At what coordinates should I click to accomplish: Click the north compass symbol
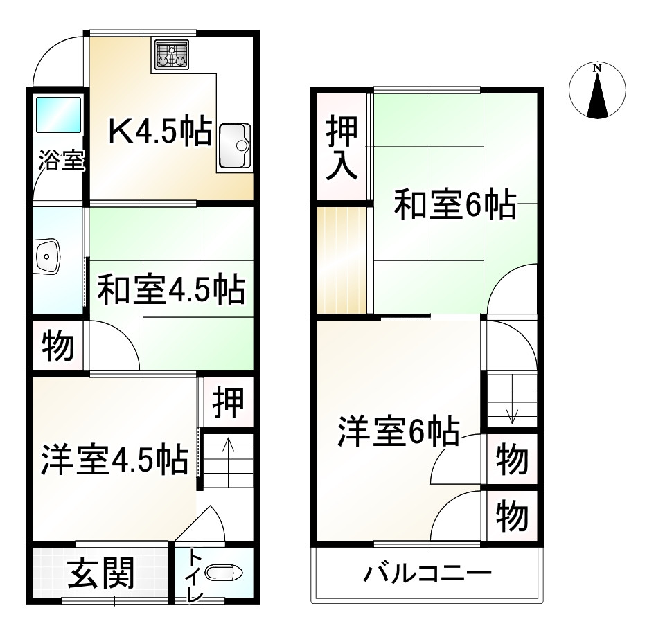tap(597, 91)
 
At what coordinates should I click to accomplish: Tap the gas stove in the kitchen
tap(172, 55)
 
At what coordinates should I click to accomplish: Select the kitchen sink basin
tap(236, 146)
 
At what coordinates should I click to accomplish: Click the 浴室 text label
tap(61, 161)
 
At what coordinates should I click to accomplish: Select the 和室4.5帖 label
tap(170, 290)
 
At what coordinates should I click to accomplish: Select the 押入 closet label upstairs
tap(342, 149)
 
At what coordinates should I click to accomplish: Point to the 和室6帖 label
tap(454, 205)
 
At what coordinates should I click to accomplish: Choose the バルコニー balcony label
tap(427, 574)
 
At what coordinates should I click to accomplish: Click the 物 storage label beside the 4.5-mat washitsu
tap(58, 346)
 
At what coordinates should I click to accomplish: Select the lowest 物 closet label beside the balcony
tap(513, 515)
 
